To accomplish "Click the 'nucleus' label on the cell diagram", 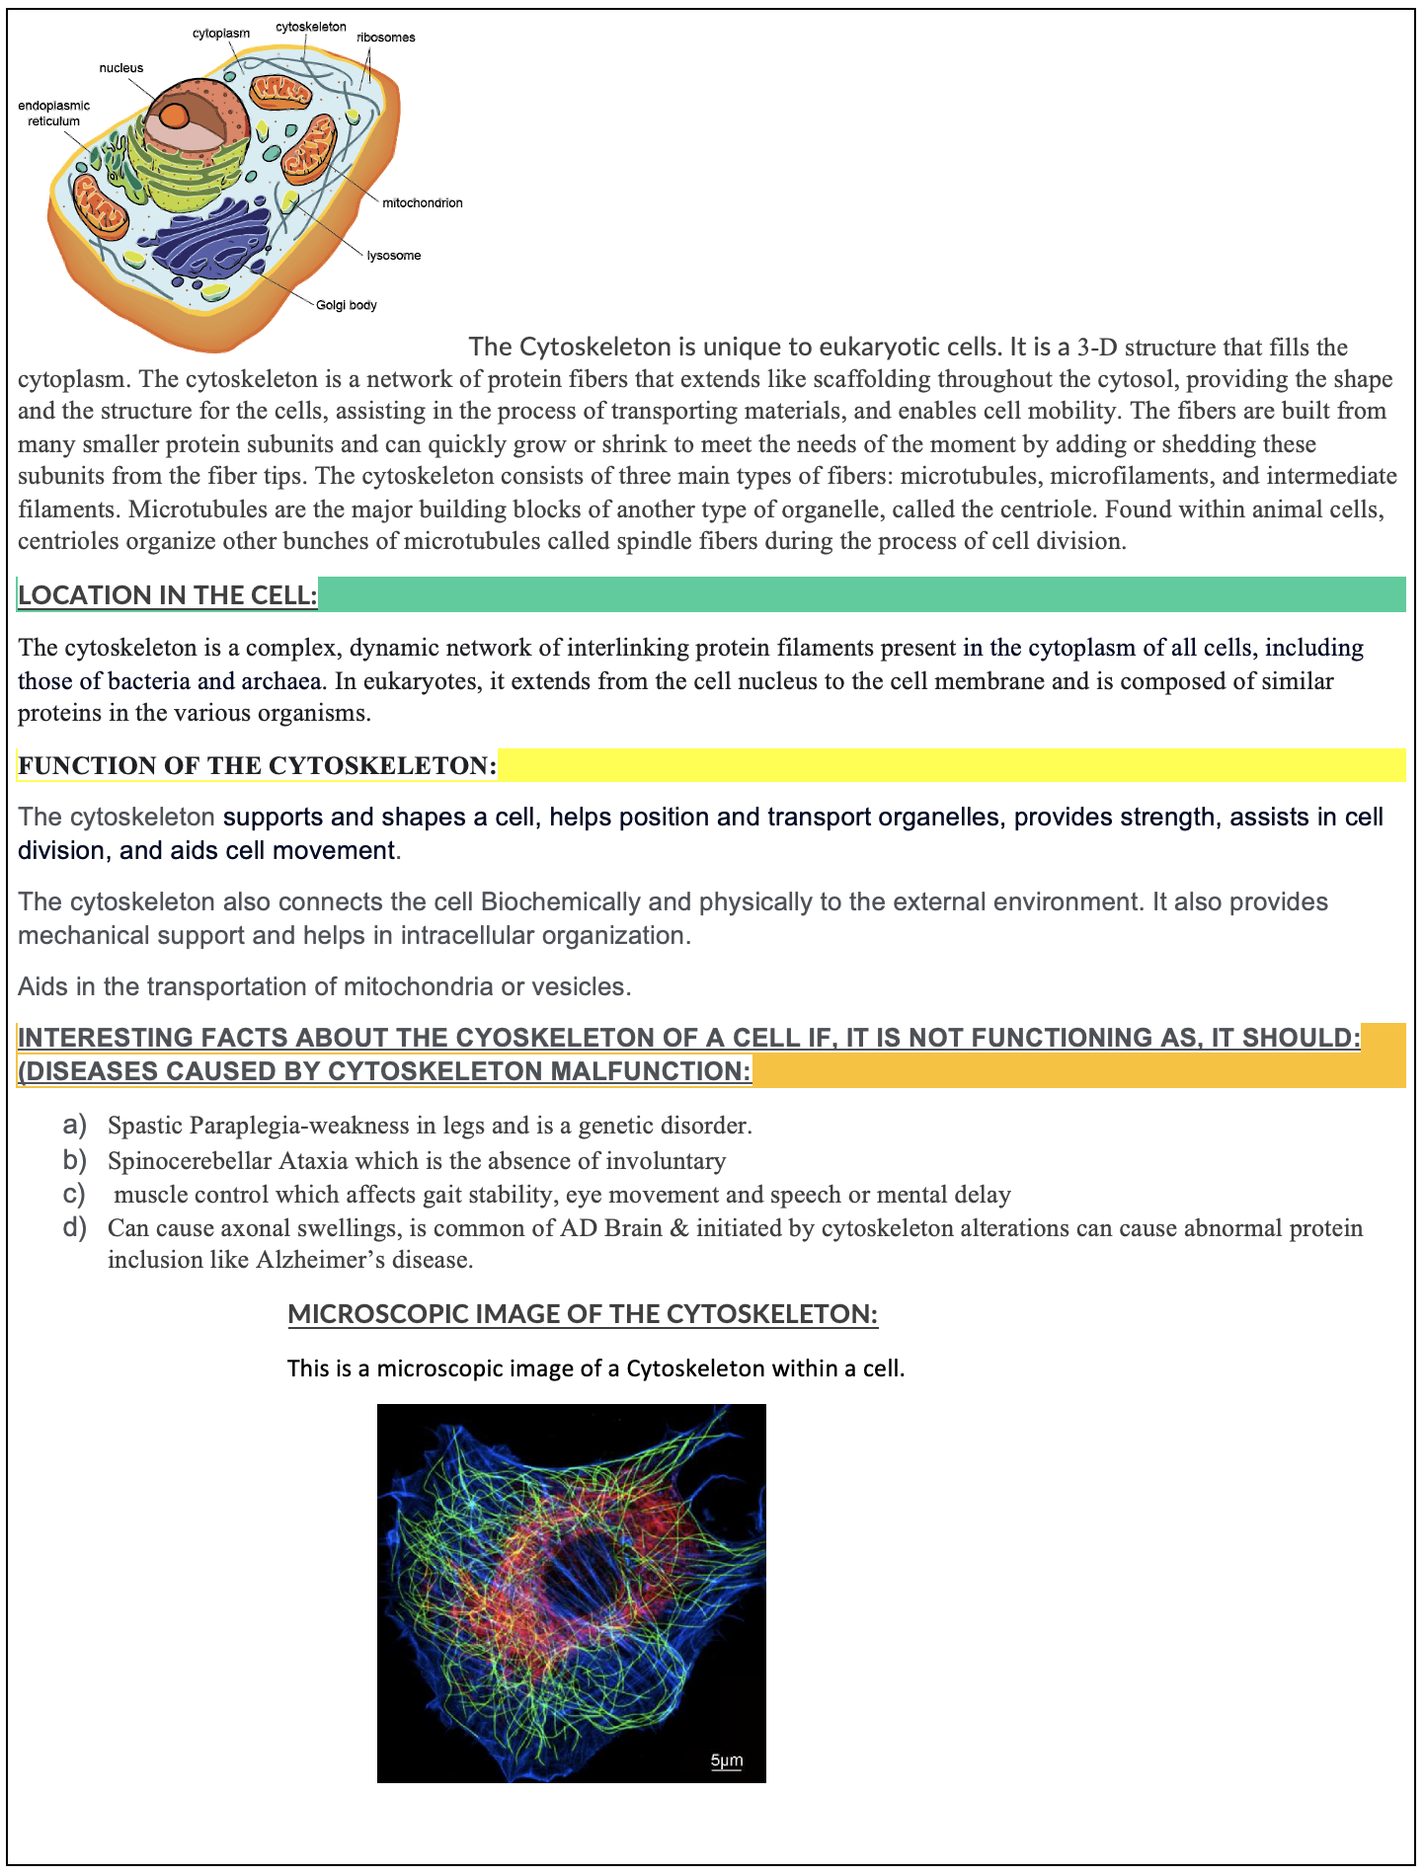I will (x=120, y=68).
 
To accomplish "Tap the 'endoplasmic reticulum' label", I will (x=53, y=114).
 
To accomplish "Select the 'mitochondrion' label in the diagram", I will (x=422, y=203).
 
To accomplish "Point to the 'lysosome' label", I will (x=393, y=256).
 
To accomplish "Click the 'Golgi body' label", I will (x=346, y=305).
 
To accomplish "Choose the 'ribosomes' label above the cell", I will (x=385, y=38).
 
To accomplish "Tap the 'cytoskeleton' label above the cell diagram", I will (x=310, y=27).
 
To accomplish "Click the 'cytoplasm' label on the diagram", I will (x=221, y=34).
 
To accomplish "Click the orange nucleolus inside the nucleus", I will (x=174, y=117).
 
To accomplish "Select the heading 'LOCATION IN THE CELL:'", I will (x=168, y=595).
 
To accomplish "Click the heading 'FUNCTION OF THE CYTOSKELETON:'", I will (x=257, y=766).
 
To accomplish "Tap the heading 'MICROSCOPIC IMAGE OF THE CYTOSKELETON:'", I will (x=583, y=1314).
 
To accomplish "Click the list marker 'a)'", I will (x=74, y=1126).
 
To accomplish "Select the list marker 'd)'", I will (x=74, y=1228).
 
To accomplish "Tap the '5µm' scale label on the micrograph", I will (x=726, y=1760).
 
